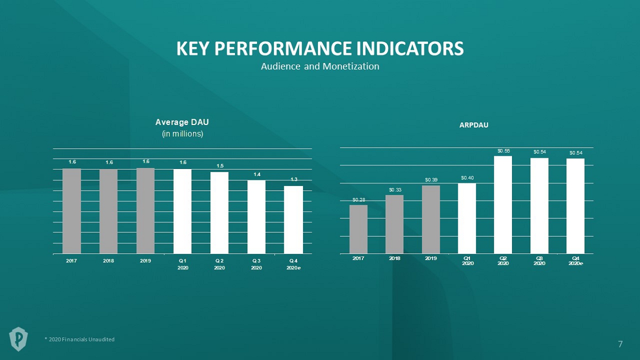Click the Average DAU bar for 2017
click(x=72, y=211)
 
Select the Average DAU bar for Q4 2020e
click(x=293, y=220)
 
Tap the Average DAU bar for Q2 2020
click(x=220, y=213)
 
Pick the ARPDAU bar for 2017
click(x=358, y=229)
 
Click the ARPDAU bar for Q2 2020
click(x=503, y=205)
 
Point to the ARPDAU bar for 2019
click(x=431, y=219)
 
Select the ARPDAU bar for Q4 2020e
click(x=575, y=206)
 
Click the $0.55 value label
click(x=503, y=151)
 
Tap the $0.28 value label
click(x=358, y=200)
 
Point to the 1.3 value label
click(x=294, y=179)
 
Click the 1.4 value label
click(x=257, y=174)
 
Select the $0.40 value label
click(x=467, y=178)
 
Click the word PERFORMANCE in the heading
click(x=283, y=49)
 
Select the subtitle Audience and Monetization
click(x=320, y=67)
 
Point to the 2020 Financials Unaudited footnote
click(x=79, y=340)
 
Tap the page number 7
click(x=621, y=344)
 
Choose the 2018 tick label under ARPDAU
click(x=394, y=258)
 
